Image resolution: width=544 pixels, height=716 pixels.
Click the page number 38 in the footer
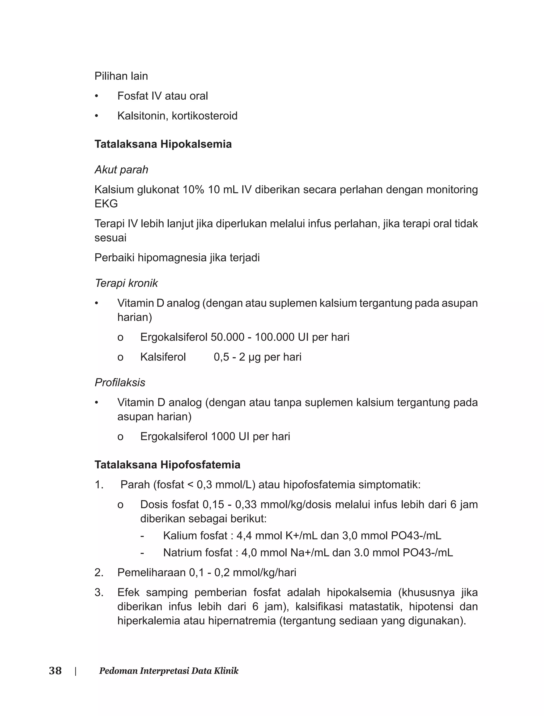click(x=55, y=671)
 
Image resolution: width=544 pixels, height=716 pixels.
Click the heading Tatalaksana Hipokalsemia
click(x=163, y=144)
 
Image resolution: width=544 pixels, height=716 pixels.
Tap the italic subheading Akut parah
click(x=121, y=170)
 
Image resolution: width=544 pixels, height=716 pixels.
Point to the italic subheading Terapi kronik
click(x=126, y=283)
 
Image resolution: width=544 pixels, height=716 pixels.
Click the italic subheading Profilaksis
click(x=120, y=383)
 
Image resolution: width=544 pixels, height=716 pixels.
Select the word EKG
click(x=106, y=204)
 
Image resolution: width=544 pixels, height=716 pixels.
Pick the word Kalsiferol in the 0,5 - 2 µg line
click(x=163, y=357)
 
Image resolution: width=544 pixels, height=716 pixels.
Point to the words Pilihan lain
click(x=121, y=76)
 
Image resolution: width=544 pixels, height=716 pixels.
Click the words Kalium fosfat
click(x=195, y=536)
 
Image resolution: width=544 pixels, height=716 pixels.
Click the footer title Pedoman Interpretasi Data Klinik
click(x=169, y=671)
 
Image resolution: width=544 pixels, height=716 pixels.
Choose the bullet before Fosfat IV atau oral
click(x=96, y=96)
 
